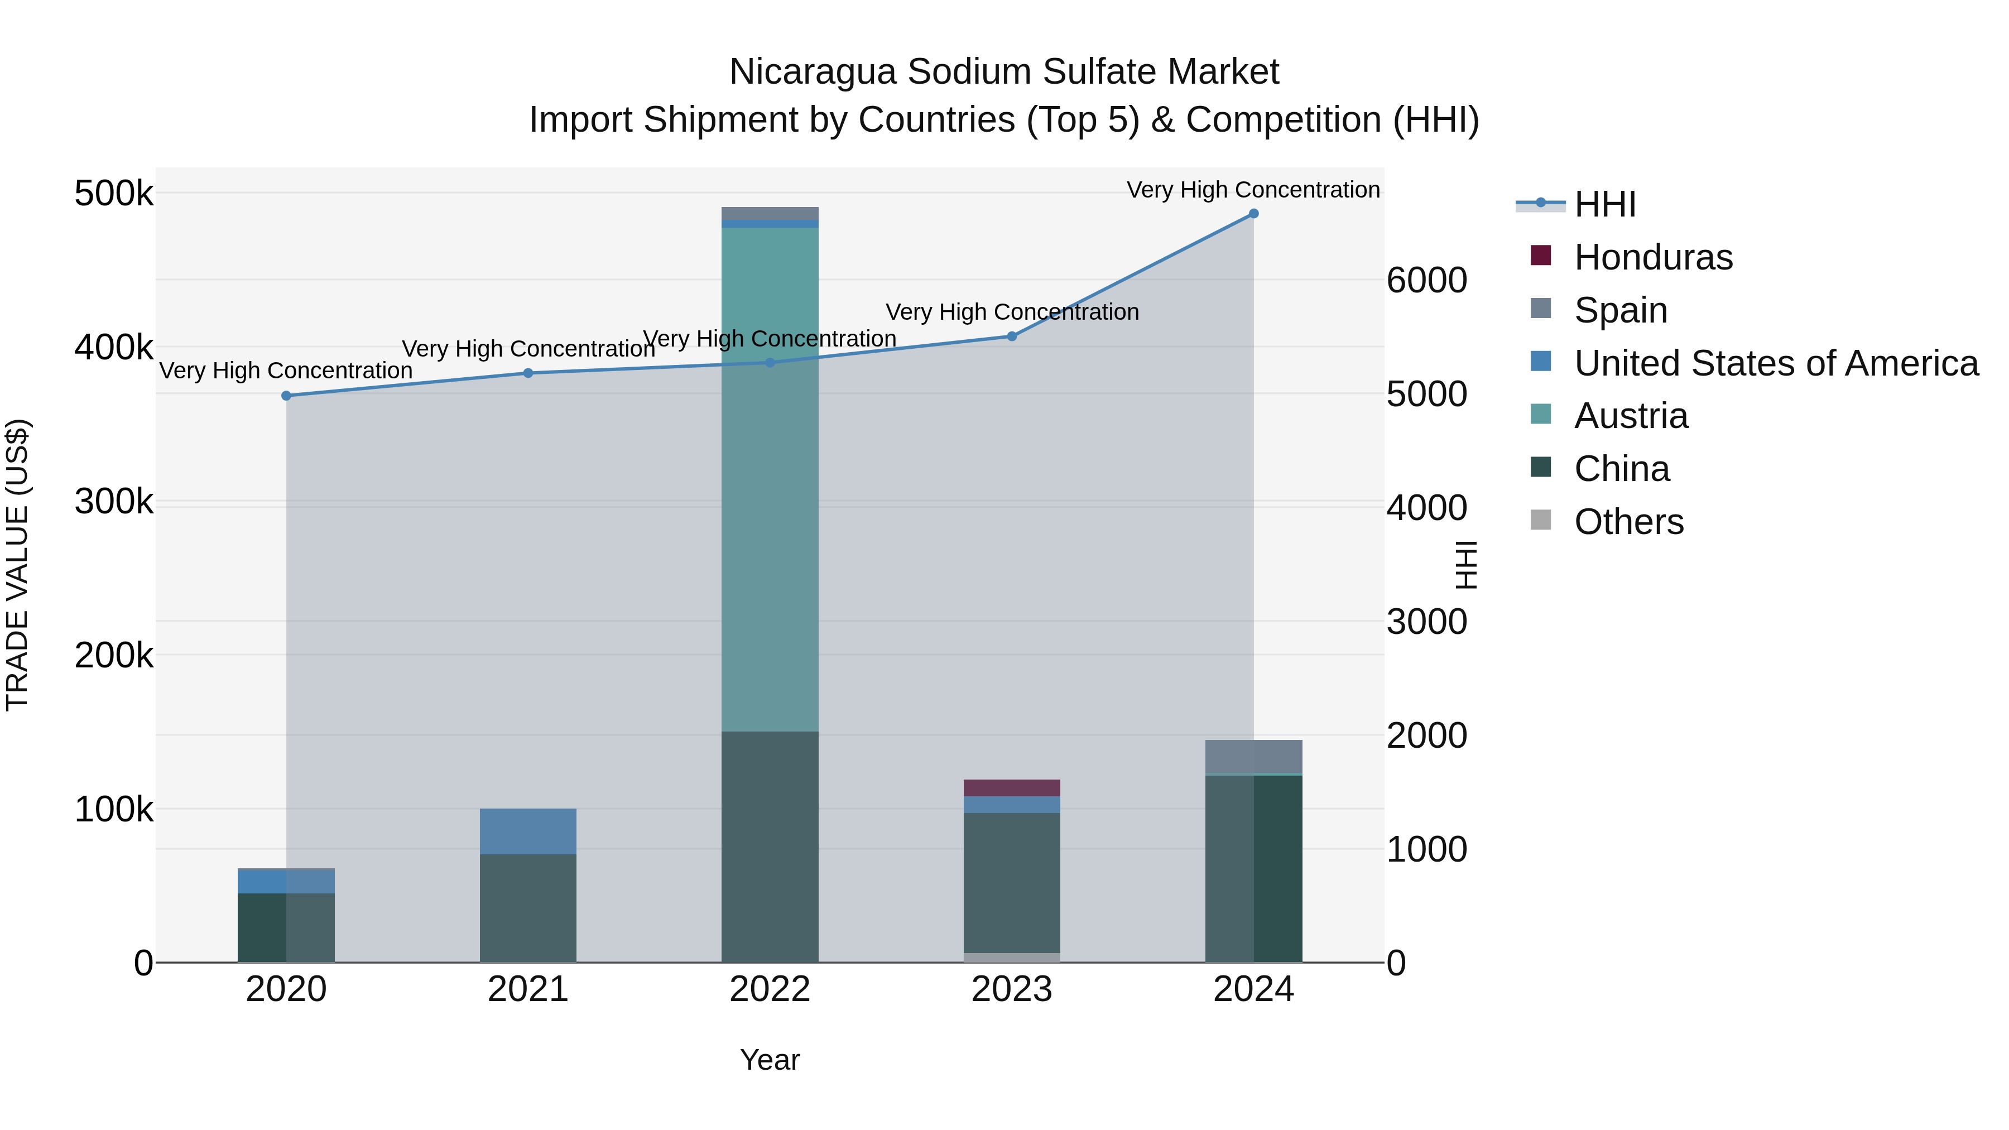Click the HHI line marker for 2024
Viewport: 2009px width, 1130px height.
pyautogui.click(x=1253, y=214)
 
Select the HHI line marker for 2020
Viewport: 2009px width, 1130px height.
pyautogui.click(x=286, y=396)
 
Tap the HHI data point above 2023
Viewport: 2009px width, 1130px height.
pyautogui.click(x=1012, y=336)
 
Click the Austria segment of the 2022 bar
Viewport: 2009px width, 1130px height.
pyautogui.click(x=770, y=479)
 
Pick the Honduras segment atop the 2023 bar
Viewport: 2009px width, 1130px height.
pyautogui.click(x=1012, y=787)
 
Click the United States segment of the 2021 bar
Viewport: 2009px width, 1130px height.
pyautogui.click(x=528, y=831)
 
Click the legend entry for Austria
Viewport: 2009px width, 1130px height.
pyautogui.click(x=1631, y=416)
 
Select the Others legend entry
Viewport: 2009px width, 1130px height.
pyautogui.click(x=1628, y=522)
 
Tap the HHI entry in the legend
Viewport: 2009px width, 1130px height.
pyautogui.click(x=1604, y=204)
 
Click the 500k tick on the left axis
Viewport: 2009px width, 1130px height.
pyautogui.click(x=114, y=194)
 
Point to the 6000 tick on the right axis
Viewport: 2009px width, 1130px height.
pyautogui.click(x=1426, y=280)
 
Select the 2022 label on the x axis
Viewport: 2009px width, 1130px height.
pyautogui.click(x=770, y=989)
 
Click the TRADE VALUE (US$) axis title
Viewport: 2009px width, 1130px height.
pyautogui.click(x=17, y=565)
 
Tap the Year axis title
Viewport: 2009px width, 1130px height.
pyautogui.click(x=770, y=1060)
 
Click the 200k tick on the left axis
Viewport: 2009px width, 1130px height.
pyautogui.click(x=114, y=656)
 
